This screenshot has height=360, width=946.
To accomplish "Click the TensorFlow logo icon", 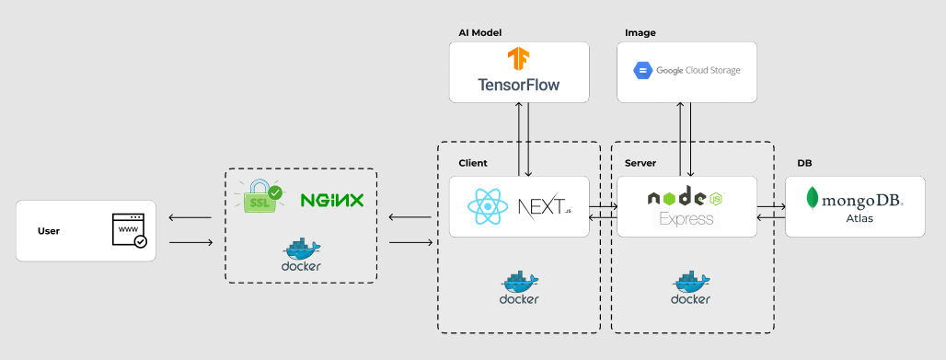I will (518, 60).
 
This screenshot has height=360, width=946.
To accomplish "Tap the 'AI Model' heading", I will (479, 32).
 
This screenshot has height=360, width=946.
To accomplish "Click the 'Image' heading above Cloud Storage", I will (640, 32).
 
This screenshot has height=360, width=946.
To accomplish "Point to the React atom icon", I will (489, 206).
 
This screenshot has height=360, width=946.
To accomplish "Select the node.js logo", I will (686, 197).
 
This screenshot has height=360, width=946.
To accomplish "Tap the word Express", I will (686, 219).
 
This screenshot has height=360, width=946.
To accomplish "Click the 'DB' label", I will (804, 163).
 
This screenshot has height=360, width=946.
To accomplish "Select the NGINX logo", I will (332, 200).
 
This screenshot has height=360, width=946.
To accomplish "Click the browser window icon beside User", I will (128, 231).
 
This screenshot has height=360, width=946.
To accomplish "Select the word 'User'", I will (49, 231).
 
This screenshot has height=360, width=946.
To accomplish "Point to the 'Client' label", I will (473, 163).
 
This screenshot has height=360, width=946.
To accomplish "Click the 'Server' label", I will (640, 163).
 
